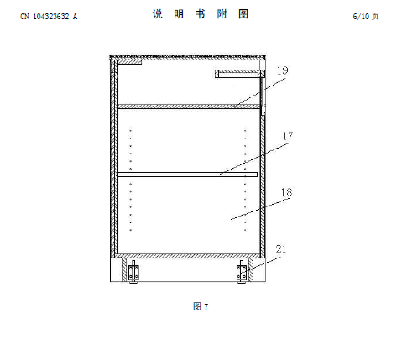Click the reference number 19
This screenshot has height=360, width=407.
[282, 70]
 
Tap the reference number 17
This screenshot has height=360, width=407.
[288, 136]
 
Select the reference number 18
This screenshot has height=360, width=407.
[286, 192]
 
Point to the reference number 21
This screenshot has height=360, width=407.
[281, 249]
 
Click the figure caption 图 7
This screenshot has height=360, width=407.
[201, 306]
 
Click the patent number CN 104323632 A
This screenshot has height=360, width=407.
[49, 17]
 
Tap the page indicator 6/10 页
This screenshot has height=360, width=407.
[366, 17]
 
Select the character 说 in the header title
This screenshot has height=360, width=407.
[157, 14]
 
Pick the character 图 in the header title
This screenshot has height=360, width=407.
[243, 14]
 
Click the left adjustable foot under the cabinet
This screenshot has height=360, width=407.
[133, 272]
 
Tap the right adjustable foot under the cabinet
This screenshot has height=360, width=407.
[242, 272]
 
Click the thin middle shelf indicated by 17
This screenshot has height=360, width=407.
[187, 175]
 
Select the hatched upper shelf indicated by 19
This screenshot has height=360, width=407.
[189, 107]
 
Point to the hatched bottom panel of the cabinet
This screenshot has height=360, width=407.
[188, 256]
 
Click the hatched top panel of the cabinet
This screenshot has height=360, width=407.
[187, 58]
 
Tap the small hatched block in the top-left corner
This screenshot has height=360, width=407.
[130, 62]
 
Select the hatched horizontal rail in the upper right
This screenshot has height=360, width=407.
[240, 74]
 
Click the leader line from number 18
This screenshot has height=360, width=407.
[260, 209]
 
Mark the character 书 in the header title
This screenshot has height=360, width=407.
[201, 14]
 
